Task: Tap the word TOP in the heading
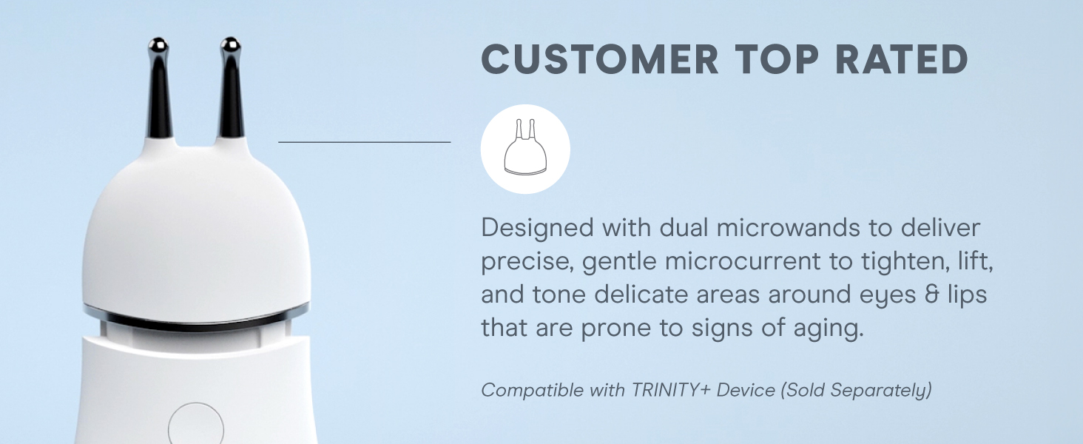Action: pos(777,59)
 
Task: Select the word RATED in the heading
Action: pos(901,59)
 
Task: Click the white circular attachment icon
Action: pos(525,149)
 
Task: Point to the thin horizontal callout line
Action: pos(365,142)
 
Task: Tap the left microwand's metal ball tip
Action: pos(158,47)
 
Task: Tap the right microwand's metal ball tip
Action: pos(230,46)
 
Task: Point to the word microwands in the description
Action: pos(788,228)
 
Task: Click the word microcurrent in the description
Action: pos(743,261)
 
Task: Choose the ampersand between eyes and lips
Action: pos(931,295)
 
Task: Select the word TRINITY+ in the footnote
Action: pos(671,390)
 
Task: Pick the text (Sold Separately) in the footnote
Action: pos(856,391)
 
